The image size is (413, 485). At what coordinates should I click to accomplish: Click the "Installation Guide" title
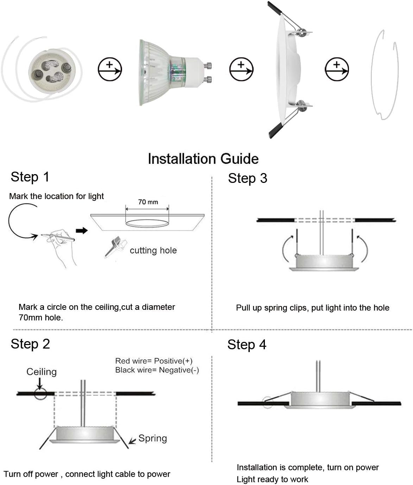pyautogui.click(x=203, y=159)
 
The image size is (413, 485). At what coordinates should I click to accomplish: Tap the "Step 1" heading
pyautogui.click(x=30, y=177)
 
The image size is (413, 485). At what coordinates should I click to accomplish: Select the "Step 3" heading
pyautogui.click(x=247, y=178)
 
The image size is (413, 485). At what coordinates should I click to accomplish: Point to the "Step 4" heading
pyautogui.click(x=247, y=345)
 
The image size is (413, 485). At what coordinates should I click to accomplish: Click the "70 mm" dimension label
pyautogui.click(x=148, y=202)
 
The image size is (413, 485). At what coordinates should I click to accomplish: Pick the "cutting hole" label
pyautogui.click(x=153, y=250)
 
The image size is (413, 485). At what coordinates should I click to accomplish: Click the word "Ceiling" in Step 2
pyautogui.click(x=42, y=372)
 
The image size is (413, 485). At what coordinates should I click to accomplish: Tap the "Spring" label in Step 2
pyautogui.click(x=153, y=438)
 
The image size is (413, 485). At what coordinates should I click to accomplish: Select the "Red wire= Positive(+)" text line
pyautogui.click(x=154, y=361)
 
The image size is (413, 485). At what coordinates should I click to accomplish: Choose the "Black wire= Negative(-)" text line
pyautogui.click(x=157, y=370)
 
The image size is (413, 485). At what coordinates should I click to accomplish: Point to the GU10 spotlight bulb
pyautogui.click(x=169, y=72)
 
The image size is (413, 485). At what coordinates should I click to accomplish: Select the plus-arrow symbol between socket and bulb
pyautogui.click(x=109, y=69)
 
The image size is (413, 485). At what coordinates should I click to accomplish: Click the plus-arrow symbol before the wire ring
pyautogui.click(x=337, y=69)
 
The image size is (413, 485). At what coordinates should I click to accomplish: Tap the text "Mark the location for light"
pyautogui.click(x=56, y=196)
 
